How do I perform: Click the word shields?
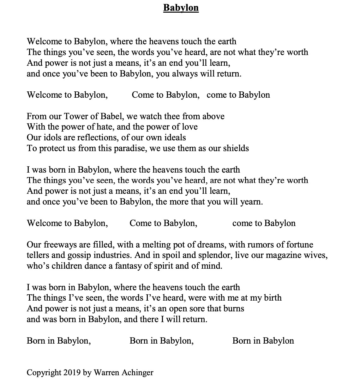(236, 149)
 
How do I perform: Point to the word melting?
(159, 245)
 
